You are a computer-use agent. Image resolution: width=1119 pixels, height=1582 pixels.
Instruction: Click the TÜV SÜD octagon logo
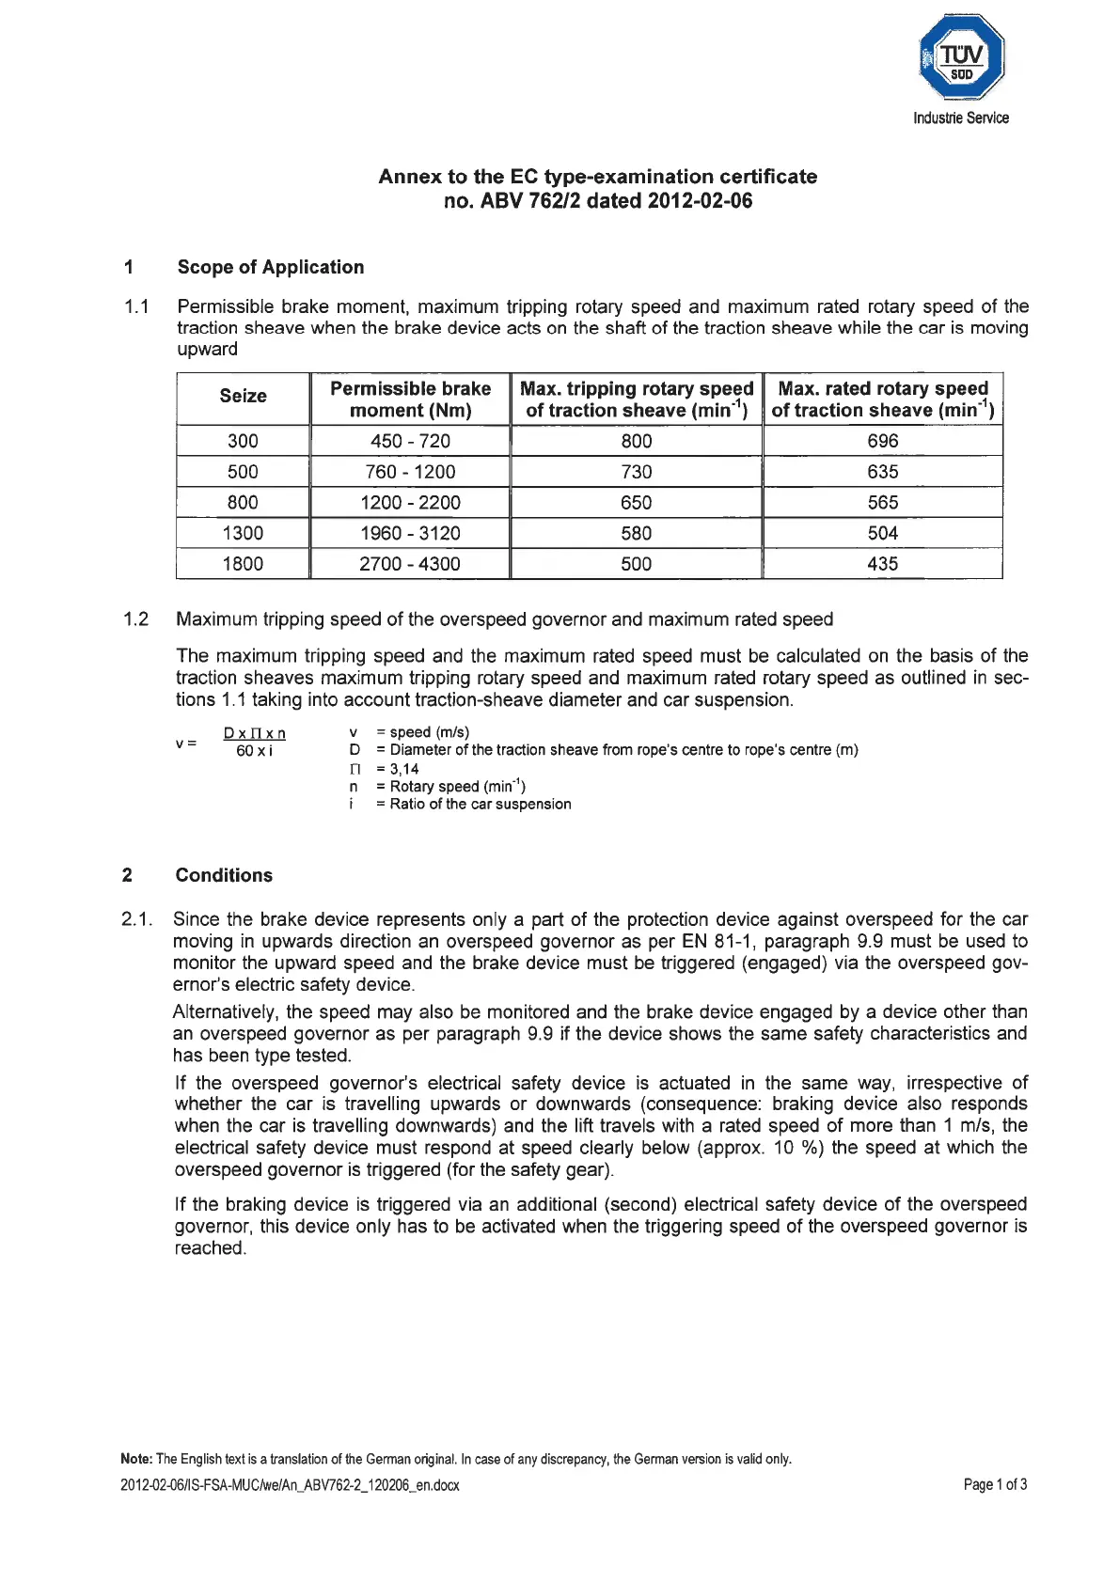[961, 57]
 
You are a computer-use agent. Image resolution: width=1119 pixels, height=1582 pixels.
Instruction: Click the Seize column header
[243, 397]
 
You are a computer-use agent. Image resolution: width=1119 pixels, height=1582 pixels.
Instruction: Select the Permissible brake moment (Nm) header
[410, 399]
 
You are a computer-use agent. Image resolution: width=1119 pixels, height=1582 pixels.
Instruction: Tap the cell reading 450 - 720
[410, 441]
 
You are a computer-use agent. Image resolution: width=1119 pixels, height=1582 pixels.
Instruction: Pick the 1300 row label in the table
[243, 533]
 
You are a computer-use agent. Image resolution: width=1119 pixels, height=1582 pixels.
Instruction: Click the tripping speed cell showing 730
[636, 472]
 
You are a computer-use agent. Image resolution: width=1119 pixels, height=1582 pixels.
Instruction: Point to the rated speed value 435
[882, 564]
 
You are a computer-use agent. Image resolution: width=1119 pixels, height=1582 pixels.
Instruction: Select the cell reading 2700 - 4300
[410, 564]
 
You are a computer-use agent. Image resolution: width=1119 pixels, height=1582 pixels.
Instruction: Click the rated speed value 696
[882, 441]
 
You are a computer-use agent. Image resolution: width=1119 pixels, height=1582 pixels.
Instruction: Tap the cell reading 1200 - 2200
[410, 503]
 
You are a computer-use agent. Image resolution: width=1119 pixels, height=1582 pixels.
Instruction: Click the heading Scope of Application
[270, 267]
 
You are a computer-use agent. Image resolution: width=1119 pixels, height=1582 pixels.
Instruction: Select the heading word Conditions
[224, 875]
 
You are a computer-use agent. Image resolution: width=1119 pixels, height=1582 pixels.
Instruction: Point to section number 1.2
[136, 619]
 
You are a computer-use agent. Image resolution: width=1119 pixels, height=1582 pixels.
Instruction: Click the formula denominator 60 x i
[254, 751]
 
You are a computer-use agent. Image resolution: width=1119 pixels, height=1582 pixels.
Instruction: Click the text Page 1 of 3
[995, 1485]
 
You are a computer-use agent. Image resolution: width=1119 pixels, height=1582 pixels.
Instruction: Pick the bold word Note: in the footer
[136, 1460]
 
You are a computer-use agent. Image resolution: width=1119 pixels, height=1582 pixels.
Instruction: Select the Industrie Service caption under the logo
[960, 118]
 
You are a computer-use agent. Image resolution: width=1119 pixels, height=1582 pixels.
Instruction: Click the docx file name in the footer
[290, 1486]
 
